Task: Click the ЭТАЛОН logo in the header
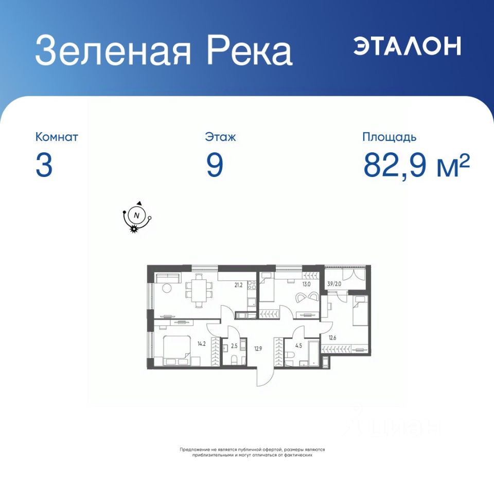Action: (x=407, y=46)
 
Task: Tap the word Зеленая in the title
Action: (x=113, y=51)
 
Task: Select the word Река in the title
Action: (x=249, y=50)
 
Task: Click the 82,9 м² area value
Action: (x=416, y=165)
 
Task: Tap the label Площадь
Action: (x=390, y=137)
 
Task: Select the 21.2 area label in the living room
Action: (x=238, y=286)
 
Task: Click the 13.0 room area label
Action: (x=306, y=284)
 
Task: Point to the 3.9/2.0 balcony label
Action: (x=334, y=284)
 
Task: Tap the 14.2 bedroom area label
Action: (x=202, y=344)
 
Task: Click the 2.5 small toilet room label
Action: (x=234, y=346)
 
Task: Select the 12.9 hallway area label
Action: (x=258, y=349)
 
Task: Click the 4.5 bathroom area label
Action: (x=298, y=346)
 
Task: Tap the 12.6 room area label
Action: (x=332, y=338)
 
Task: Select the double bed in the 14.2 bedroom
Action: (x=177, y=350)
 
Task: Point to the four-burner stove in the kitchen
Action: (x=252, y=286)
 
